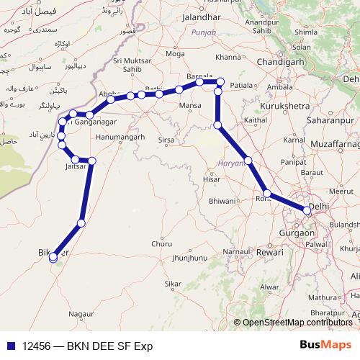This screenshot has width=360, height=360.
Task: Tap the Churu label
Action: [162, 244]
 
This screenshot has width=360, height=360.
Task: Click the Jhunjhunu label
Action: [190, 258]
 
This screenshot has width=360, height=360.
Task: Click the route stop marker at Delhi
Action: [307, 211]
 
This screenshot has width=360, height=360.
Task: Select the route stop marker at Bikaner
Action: [53, 257]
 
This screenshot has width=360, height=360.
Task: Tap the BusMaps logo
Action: [325, 344]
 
